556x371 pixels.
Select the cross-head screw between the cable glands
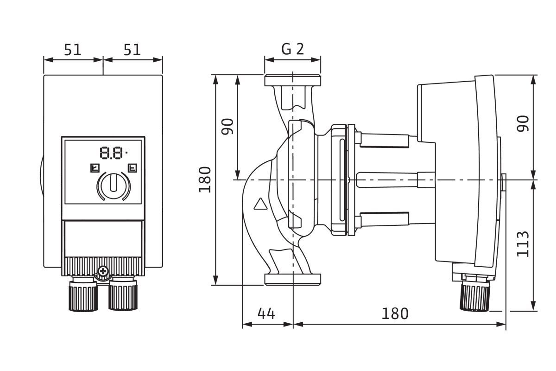pyautogui.click(x=103, y=270)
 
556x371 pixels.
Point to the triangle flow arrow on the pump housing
pyautogui.click(x=261, y=204)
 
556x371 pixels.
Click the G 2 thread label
pyautogui.click(x=293, y=49)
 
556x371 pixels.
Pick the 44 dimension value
pyautogui.click(x=266, y=314)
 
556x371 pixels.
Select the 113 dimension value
pyautogui.click(x=523, y=243)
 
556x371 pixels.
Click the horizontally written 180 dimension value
pyautogui.click(x=395, y=314)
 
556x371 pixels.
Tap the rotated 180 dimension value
pyautogui.click(x=205, y=179)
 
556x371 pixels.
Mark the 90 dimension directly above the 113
pyautogui.click(x=523, y=124)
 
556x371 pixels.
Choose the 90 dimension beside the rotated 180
pyautogui.click(x=227, y=126)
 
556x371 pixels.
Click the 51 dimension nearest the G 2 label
pyautogui.click(x=133, y=50)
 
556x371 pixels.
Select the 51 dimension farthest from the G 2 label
pyautogui.click(x=73, y=50)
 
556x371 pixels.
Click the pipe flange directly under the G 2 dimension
pyautogui.click(x=293, y=81)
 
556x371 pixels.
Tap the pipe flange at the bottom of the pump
pyautogui.click(x=293, y=279)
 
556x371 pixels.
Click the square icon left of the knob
pyautogui.click(x=95, y=167)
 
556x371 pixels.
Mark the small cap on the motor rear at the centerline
pyautogui.click(x=503, y=182)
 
